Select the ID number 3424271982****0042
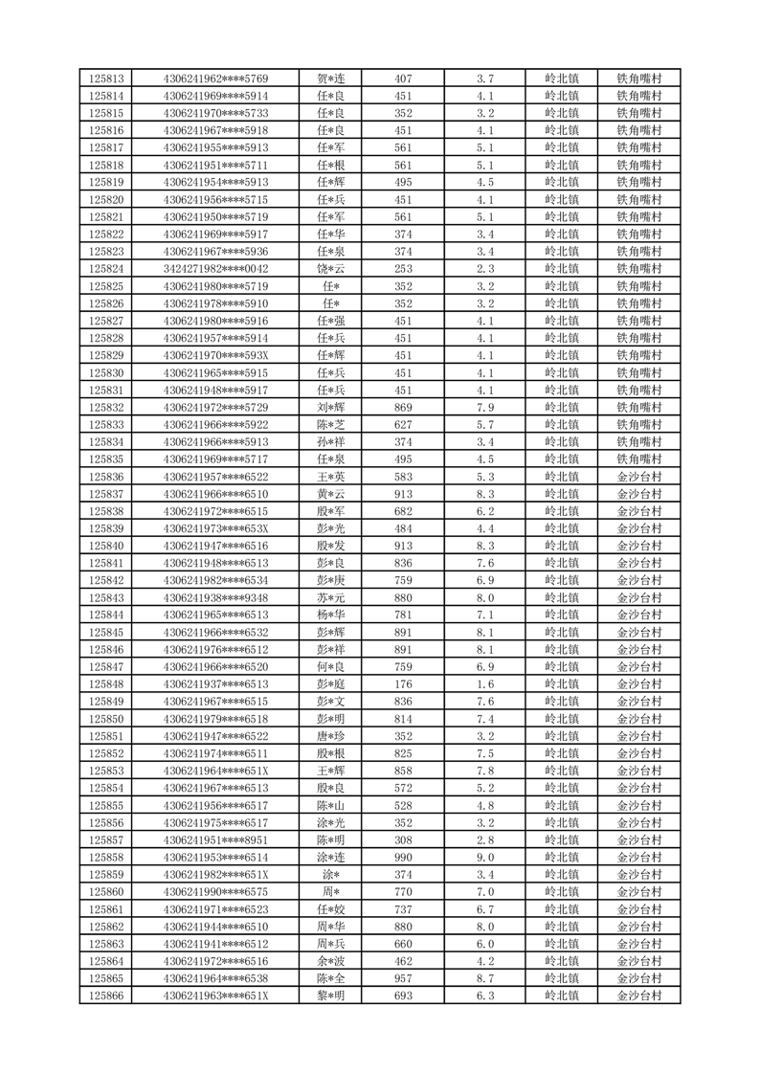click(216, 269)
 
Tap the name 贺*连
click(330, 78)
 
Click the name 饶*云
click(330, 269)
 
